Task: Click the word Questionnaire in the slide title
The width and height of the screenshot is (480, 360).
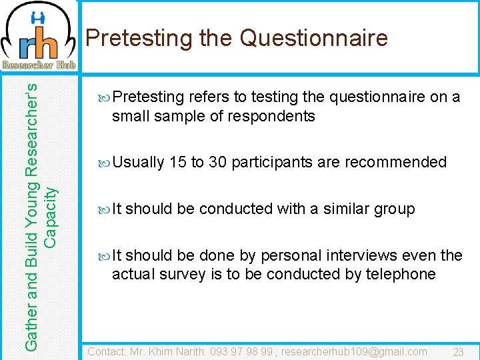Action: click(313, 38)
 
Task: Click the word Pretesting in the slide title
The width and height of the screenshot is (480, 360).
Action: click(139, 38)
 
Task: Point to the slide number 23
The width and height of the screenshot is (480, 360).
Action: click(458, 352)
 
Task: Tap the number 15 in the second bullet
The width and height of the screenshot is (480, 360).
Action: click(177, 162)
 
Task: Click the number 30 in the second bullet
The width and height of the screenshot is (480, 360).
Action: click(217, 162)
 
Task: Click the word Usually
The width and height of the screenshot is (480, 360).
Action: click(139, 162)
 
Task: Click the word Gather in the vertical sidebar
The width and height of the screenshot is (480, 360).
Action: click(31, 325)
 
